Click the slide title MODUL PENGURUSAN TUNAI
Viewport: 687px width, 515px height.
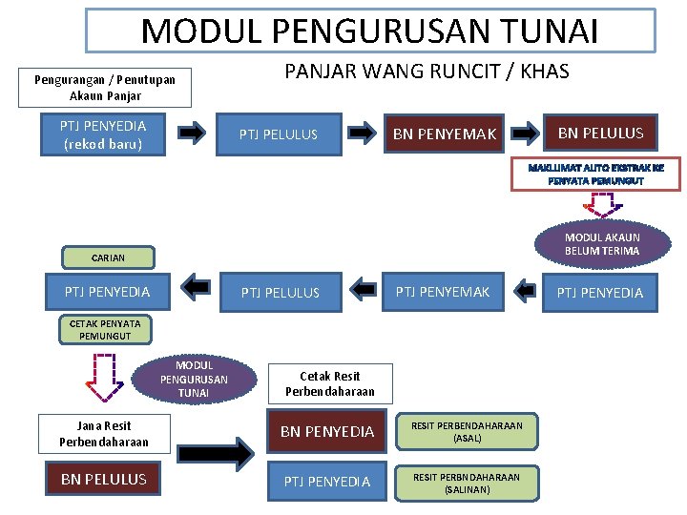370,31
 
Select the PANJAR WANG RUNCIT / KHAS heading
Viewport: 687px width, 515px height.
427,72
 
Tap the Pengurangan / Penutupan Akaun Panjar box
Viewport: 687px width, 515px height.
105,88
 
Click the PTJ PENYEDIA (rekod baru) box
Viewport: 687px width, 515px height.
103,134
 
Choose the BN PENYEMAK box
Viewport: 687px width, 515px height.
445,134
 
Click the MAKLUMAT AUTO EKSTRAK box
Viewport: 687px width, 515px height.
596,174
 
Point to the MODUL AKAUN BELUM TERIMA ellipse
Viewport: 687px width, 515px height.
602,244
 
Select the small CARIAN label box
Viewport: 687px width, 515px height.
108,257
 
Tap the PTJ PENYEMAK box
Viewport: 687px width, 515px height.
443,291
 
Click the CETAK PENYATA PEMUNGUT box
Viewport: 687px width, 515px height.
105,329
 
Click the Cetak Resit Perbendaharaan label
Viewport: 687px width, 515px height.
329,383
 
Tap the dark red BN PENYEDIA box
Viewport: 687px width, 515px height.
327,431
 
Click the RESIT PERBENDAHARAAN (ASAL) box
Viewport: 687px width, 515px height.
468,432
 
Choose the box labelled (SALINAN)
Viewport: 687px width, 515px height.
468,483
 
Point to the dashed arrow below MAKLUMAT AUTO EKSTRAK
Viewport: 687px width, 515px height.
603,205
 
